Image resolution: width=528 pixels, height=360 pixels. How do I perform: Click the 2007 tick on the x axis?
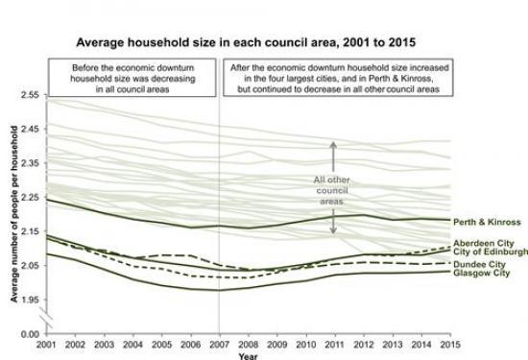[220, 343]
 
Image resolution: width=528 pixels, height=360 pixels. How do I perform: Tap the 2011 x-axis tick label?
[335, 343]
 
